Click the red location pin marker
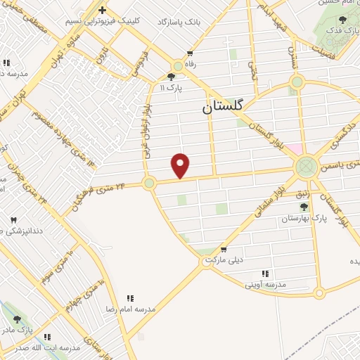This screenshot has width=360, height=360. pyautogui.click(x=181, y=166)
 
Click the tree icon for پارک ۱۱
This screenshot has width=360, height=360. pyautogui.click(x=172, y=77)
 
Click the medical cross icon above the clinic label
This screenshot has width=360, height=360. pyautogui.click(x=103, y=10)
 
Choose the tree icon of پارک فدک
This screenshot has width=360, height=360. pyautogui.click(x=342, y=20)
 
